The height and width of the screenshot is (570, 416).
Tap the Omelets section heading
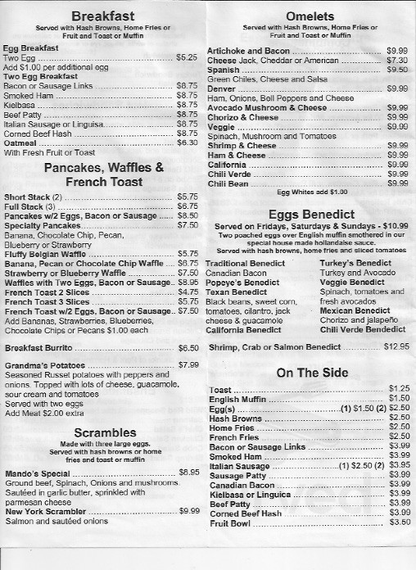click(307, 16)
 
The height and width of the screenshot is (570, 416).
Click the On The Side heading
click(307, 374)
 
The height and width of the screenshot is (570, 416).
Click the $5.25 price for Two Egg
click(188, 58)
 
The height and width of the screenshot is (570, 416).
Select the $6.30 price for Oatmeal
click(188, 142)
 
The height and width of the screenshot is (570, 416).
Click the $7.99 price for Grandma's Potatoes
click(188, 364)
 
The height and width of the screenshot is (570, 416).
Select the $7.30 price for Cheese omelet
click(397, 60)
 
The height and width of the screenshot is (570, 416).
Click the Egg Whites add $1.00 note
click(312, 192)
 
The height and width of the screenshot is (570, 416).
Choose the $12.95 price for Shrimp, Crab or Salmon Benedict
click(396, 346)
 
